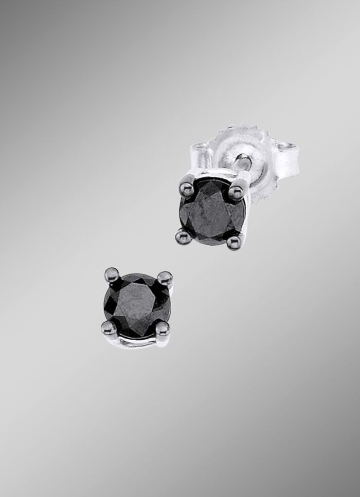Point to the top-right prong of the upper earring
point(236,191)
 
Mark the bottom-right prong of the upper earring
point(234,240)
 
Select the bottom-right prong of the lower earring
point(162,327)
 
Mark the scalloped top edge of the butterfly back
point(242,132)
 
